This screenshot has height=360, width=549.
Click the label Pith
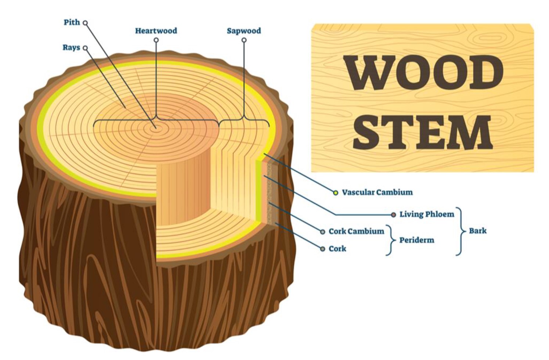coord(72,22)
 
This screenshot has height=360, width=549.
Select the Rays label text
coord(71,47)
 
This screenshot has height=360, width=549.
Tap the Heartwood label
coord(156,30)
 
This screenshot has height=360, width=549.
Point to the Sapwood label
coord(244,30)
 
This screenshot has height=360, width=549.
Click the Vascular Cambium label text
coord(377,192)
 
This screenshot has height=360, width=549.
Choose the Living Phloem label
coord(427,214)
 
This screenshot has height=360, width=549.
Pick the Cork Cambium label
coord(356,231)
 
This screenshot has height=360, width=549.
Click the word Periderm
coord(417,240)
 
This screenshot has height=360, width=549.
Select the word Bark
coord(478,231)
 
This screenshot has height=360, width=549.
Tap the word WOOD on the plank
coord(423,73)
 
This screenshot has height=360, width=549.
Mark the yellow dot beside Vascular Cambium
coord(335,192)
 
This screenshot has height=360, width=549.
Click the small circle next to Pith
coord(85,23)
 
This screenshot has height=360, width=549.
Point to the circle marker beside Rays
coord(85,48)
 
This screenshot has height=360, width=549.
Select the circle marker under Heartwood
coord(156,40)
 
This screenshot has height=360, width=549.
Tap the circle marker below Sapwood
coord(244,40)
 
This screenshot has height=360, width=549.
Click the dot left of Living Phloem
coord(394,214)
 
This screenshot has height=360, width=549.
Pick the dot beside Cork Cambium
coord(322,231)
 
